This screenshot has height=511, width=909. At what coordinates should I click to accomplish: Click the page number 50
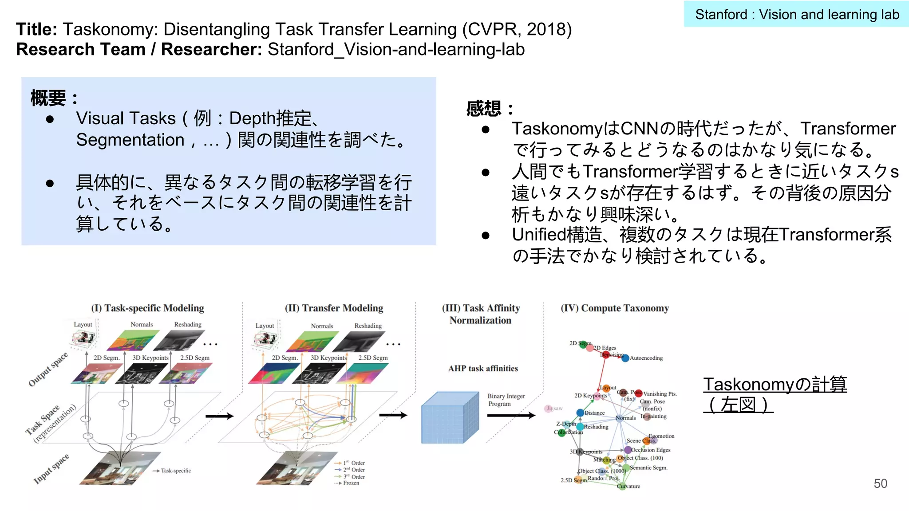[x=880, y=483]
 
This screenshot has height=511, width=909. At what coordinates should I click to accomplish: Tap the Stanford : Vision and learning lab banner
[x=797, y=15]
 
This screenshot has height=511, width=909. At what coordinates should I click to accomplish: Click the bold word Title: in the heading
[x=37, y=30]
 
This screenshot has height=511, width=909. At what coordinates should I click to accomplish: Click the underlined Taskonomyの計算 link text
[x=775, y=385]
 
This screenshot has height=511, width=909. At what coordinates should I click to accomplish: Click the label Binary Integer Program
[x=506, y=400]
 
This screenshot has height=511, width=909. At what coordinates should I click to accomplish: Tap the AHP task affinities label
[x=483, y=369]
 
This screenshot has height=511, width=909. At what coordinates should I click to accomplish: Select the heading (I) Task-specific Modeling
[x=147, y=308]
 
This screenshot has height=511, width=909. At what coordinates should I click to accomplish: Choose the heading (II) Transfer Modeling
[x=334, y=308]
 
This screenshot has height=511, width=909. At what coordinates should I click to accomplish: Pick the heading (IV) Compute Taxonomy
[x=614, y=308]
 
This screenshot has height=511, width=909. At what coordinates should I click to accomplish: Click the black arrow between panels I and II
[x=219, y=416]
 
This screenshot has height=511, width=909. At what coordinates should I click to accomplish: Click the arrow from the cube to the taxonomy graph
[x=511, y=416]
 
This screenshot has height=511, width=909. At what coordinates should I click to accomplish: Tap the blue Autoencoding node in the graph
[x=625, y=358]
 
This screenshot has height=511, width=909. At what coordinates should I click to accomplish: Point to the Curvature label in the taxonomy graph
[x=629, y=486]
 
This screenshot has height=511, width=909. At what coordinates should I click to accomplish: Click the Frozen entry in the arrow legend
[x=351, y=483]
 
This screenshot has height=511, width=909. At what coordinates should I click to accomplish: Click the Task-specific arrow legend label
[x=176, y=471]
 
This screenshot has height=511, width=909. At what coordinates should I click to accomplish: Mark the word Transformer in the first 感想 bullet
[x=848, y=129]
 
